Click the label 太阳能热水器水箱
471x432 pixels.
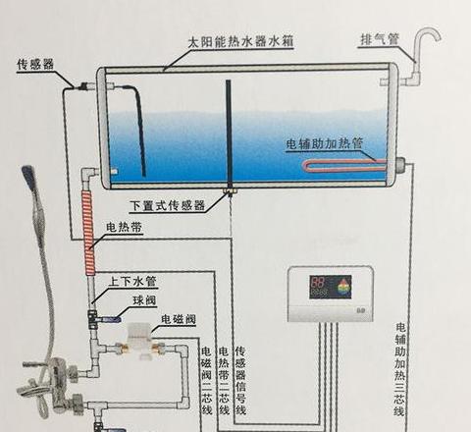(x=240, y=42)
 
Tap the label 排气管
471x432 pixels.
(x=380, y=40)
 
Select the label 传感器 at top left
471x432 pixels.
(x=35, y=64)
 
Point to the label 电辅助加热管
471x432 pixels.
(x=325, y=144)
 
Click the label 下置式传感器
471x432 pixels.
(x=168, y=206)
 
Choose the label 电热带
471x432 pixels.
(x=125, y=227)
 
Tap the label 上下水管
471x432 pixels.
(x=132, y=282)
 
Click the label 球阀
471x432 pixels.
(x=145, y=300)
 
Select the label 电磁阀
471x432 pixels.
(x=179, y=319)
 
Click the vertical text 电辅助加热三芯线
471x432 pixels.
(x=400, y=369)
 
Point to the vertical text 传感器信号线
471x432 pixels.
(x=240, y=380)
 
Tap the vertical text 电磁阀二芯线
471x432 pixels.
(x=207, y=380)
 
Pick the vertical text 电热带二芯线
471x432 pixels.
(x=224, y=380)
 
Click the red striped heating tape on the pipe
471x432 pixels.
(x=89, y=233)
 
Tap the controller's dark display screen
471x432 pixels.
(x=331, y=287)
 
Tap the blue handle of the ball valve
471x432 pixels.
(x=111, y=318)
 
